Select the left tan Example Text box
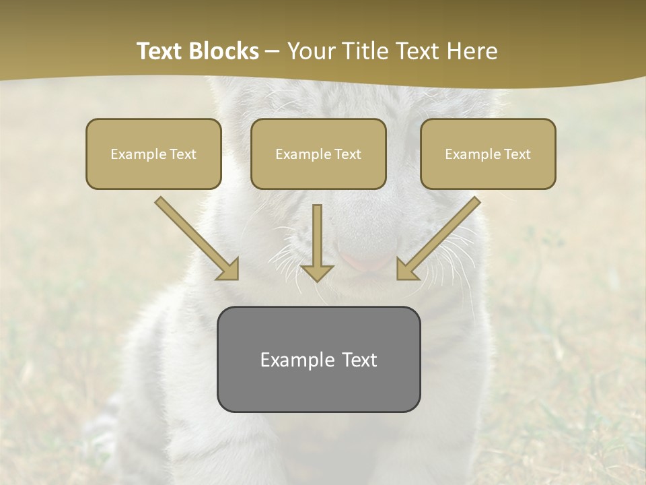click(153, 154)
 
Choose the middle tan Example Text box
click(318, 154)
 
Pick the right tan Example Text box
click(488, 154)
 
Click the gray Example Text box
click(318, 359)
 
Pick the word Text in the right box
click(517, 154)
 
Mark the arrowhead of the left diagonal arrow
click(229, 270)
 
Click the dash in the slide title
click(273, 52)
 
